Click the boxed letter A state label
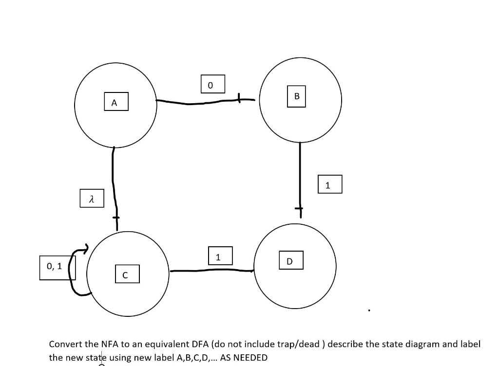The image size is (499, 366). click(116, 102)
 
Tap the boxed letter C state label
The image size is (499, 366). click(127, 274)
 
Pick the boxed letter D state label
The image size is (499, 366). click(291, 260)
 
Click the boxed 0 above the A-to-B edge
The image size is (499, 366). click(212, 84)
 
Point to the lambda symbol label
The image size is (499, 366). click(92, 198)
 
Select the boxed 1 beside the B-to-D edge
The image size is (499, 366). click(330, 184)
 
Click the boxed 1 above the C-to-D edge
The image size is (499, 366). click(220, 256)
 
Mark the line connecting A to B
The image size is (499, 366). click(205, 102)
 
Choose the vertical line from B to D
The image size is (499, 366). click(300, 175)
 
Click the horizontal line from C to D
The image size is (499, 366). click(212, 270)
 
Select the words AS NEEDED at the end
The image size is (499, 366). click(244, 358)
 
